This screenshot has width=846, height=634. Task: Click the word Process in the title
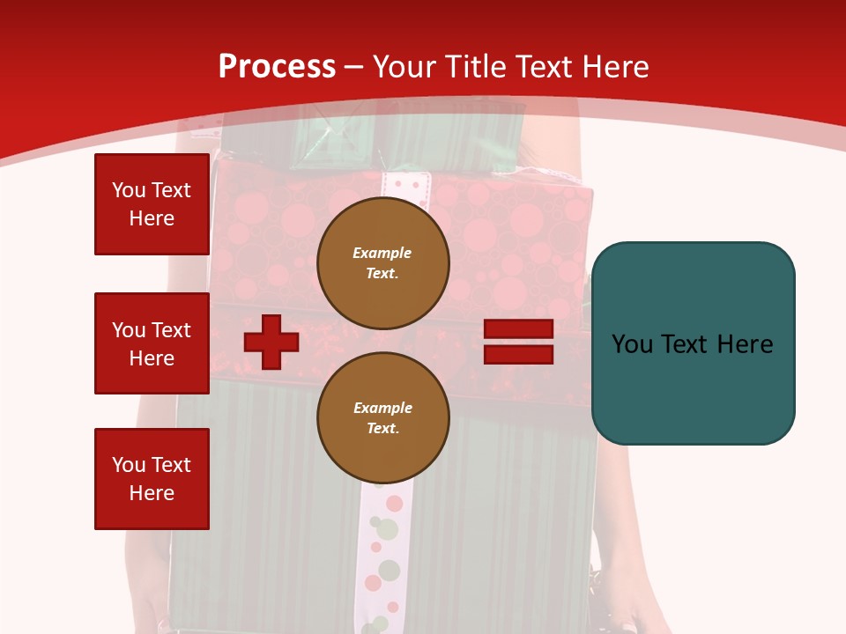(277, 67)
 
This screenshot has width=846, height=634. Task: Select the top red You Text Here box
(152, 204)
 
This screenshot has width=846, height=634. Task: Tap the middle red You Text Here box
(152, 343)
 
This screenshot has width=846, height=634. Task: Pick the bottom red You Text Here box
(152, 479)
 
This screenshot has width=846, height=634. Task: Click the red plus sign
(271, 342)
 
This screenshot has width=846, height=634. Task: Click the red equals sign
(518, 342)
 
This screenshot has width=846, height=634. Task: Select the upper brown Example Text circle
(383, 263)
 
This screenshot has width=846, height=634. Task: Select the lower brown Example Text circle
(383, 418)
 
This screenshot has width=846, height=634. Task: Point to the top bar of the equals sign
(518, 329)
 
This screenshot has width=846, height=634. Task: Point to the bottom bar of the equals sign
(518, 354)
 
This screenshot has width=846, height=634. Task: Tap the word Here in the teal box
(745, 343)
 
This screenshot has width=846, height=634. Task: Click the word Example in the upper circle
(382, 253)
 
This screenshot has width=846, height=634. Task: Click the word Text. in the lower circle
(383, 429)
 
